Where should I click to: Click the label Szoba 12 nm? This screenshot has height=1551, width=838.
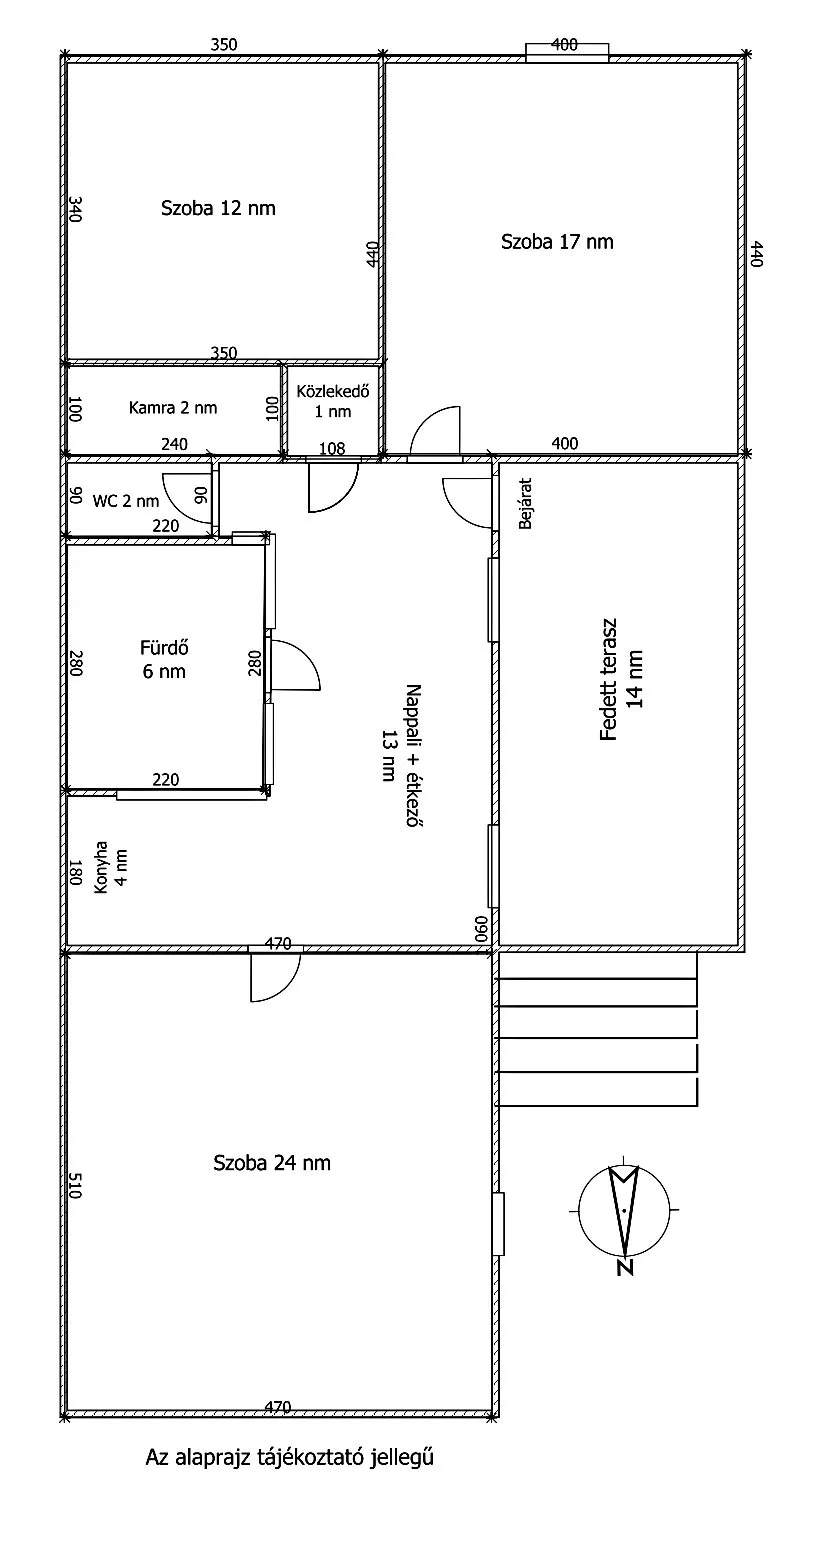[218, 208]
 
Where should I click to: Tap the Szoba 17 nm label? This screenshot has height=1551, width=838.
[557, 242]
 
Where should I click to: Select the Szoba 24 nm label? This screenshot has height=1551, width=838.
[271, 1163]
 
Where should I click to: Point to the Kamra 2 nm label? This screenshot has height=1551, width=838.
[172, 408]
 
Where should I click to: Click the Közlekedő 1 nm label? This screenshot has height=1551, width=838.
[333, 401]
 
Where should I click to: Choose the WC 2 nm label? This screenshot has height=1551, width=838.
[125, 501]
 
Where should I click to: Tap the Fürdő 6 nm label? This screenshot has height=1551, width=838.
[164, 660]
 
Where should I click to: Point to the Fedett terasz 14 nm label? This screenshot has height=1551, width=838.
[621, 679]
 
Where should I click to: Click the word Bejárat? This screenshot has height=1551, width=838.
[525, 503]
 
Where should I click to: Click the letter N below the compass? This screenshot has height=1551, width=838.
[625, 1266]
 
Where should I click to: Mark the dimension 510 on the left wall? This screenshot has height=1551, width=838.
[75, 1185]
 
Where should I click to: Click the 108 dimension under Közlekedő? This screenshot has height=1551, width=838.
[332, 449]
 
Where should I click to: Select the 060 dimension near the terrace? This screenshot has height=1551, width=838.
[482, 929]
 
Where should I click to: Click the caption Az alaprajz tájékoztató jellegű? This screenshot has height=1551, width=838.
[289, 1458]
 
